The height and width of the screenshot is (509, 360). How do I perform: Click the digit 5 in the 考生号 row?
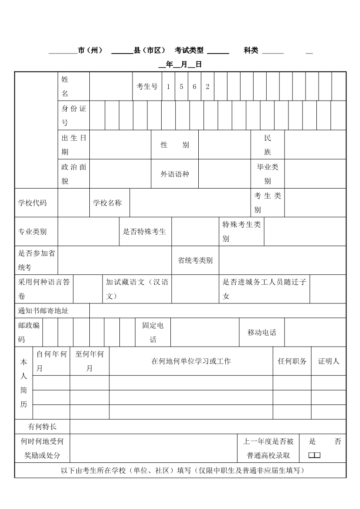point(181,86)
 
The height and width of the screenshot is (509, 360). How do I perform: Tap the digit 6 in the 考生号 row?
point(194,86)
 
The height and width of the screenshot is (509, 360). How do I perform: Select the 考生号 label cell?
point(147,86)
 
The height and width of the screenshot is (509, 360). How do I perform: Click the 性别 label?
point(175,145)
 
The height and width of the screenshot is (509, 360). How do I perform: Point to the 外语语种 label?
point(175,174)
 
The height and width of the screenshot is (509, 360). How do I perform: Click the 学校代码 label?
point(32,202)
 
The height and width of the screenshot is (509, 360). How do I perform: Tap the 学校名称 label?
point(107,202)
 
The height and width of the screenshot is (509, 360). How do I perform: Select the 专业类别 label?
point(32,231)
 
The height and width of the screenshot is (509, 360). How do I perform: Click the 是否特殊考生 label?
point(144,231)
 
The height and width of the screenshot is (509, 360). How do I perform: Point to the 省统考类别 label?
point(195,260)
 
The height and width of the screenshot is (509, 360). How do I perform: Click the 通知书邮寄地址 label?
point(43,310)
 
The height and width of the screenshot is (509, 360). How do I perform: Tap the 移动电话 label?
point(262,332)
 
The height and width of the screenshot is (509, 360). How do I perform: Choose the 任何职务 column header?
point(292,361)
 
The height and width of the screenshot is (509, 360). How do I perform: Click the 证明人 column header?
point(329,361)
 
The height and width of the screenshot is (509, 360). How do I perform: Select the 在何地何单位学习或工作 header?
point(191,361)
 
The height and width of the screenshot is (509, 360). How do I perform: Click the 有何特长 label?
point(42,427)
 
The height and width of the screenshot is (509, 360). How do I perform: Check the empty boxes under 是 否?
point(314,455)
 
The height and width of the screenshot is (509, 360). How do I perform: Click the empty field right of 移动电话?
point(315,332)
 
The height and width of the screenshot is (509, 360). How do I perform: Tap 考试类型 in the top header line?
point(189,51)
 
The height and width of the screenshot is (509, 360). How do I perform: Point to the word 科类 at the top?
point(251,51)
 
